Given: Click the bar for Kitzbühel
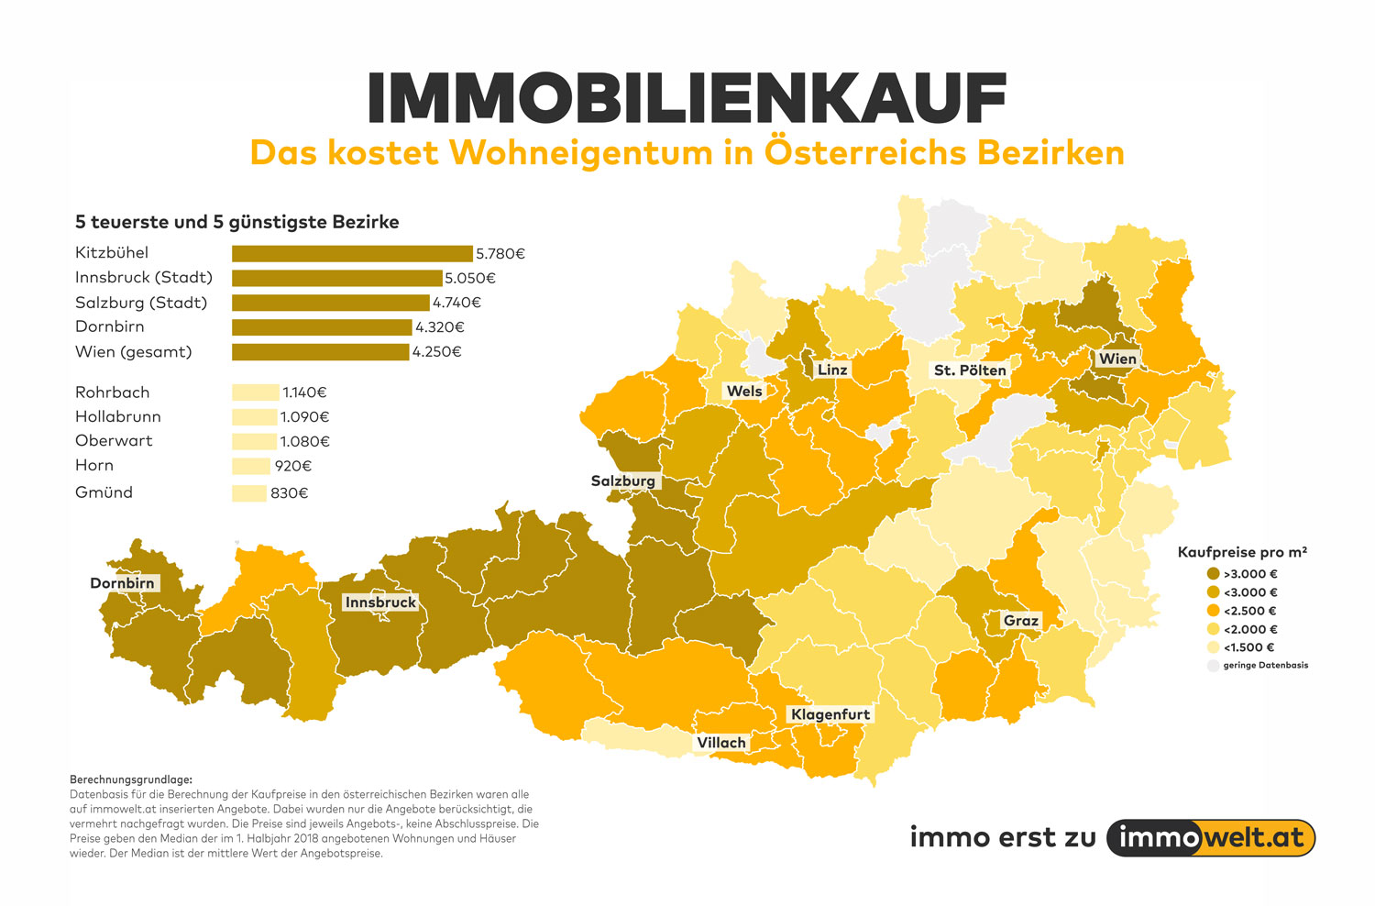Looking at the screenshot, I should tap(352, 254).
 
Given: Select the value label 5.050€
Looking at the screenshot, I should tap(470, 278).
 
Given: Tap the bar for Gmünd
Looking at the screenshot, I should tap(248, 493).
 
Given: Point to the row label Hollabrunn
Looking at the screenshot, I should tap(118, 416).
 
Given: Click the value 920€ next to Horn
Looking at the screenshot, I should tap(293, 466).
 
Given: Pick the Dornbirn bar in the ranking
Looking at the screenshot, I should tap(322, 327).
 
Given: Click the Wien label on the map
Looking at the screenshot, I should tap(1117, 359).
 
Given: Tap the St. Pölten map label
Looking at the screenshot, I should tap(970, 370).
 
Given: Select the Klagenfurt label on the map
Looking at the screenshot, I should tap(830, 714).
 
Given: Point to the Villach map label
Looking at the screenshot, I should tap(721, 743).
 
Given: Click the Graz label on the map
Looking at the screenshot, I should tap(1021, 621).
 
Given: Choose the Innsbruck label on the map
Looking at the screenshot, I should tap(380, 602).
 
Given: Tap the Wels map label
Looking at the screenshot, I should tap(744, 392).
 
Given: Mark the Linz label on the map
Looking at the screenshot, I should tap(832, 370).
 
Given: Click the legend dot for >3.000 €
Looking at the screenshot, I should tap(1214, 574).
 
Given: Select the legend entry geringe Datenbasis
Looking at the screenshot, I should tap(1265, 666).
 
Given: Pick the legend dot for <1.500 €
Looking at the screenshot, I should tap(1214, 647).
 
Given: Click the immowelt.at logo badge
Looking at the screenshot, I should tap(1211, 838).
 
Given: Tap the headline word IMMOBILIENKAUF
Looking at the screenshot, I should tap(687, 99).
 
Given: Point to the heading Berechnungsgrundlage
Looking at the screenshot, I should tap(131, 779).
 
